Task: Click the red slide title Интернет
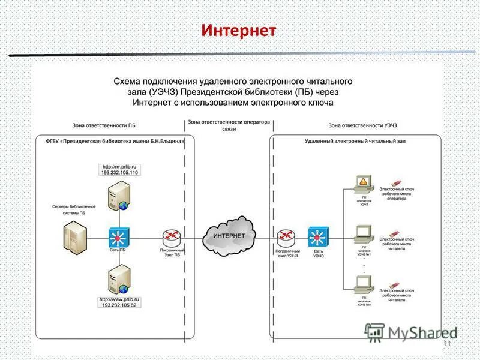click(x=239, y=29)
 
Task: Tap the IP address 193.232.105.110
click(x=121, y=172)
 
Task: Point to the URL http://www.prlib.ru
click(x=121, y=298)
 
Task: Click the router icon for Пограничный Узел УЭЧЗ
click(x=286, y=236)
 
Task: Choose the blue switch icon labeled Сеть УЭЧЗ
click(x=317, y=236)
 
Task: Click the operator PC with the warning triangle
click(x=363, y=183)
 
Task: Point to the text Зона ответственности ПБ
click(x=110, y=125)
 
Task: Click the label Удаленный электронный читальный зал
click(x=343, y=142)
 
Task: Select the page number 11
click(x=446, y=344)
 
